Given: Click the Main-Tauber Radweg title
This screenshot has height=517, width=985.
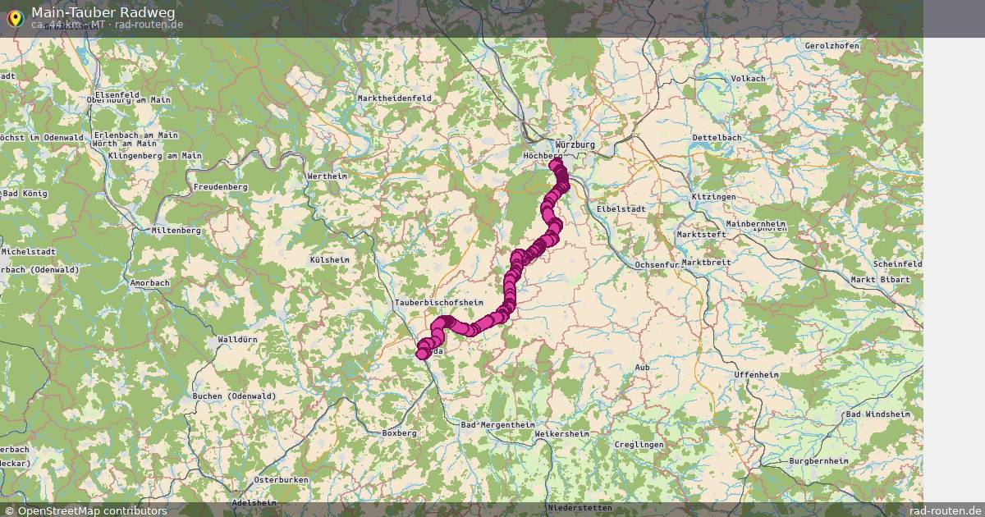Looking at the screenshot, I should click(x=103, y=12).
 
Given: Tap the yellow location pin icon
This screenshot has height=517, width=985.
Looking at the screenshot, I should click(x=14, y=18).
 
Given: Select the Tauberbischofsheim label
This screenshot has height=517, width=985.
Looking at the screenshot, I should click(x=439, y=302).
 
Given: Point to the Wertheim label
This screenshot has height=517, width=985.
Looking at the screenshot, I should click(x=327, y=176).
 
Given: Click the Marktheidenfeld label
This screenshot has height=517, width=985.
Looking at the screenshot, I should click(x=394, y=98).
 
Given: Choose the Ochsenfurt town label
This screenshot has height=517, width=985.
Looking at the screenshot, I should click(x=659, y=264).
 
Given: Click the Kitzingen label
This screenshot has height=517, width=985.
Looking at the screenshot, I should click(x=713, y=197).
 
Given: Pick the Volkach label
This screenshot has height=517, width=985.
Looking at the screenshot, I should click(x=748, y=78).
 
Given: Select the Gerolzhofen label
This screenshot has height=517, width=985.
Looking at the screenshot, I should click(x=832, y=46).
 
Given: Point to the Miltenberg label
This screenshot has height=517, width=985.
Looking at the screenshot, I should click(x=176, y=231).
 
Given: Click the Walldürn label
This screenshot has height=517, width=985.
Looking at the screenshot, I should click(x=238, y=339).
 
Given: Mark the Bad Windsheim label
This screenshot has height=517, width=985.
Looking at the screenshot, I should click(x=878, y=414).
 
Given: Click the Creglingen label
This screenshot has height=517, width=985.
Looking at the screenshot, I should click(x=639, y=444).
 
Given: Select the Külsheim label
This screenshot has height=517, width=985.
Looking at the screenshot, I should click(x=329, y=259).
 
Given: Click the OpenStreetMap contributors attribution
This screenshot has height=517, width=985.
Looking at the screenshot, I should click(x=85, y=510).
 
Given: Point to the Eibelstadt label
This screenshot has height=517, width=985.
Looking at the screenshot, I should click(x=622, y=209).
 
